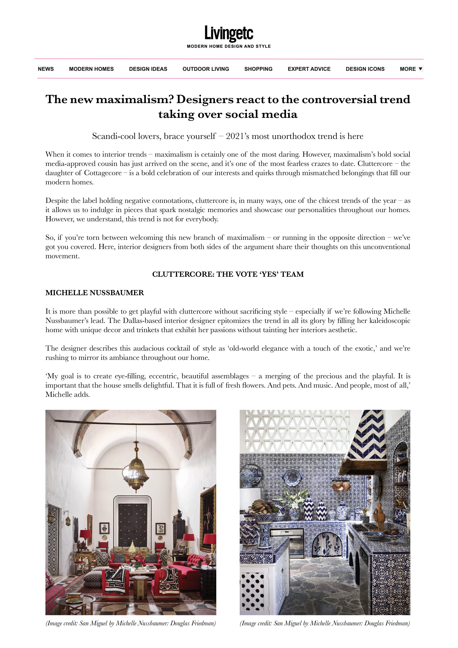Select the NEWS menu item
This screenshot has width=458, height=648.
pos(46,69)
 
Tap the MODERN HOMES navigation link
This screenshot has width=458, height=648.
pos(91,69)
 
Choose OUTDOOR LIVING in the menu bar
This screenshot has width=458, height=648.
pos(206,69)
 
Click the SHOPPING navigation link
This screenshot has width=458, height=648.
pos(258,69)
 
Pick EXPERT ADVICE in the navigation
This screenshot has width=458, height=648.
pos(309,69)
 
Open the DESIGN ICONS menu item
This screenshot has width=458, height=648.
pos(365,69)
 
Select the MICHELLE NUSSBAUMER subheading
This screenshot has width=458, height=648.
pos(95,293)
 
